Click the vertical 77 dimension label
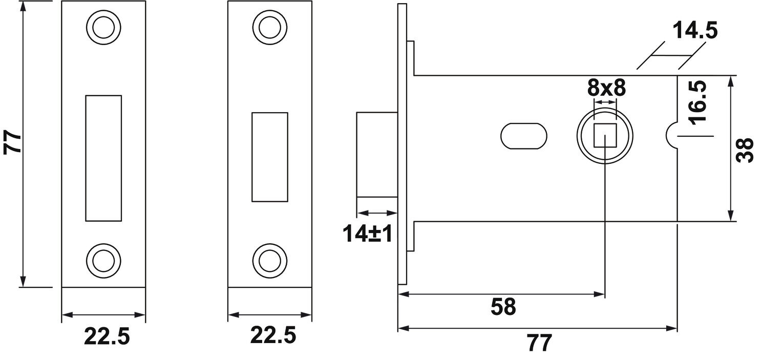(13, 142)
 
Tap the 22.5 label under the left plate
(107, 336)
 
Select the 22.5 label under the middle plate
(273, 335)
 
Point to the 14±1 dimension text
(367, 234)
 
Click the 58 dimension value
(503, 307)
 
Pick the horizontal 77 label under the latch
(540, 343)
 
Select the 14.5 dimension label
(695, 30)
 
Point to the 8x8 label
(606, 88)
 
